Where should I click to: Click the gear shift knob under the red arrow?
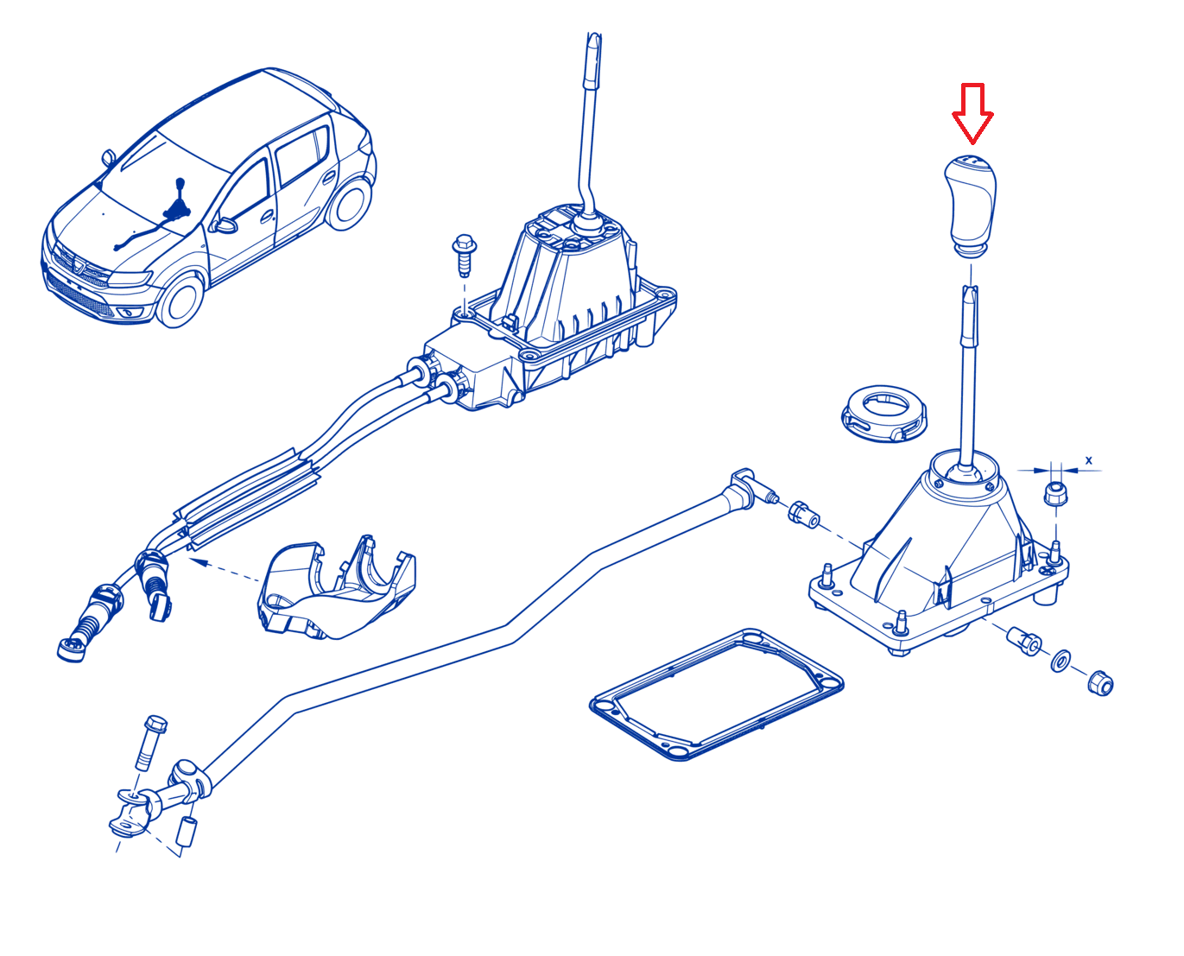(971, 206)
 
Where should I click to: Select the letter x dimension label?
(1088, 460)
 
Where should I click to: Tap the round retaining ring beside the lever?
(883, 414)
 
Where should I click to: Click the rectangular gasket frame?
(716, 694)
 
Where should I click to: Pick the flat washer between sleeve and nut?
(1061, 662)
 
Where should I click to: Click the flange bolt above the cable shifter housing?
(464, 255)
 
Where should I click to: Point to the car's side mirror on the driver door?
(224, 225)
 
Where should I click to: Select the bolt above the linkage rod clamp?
(150, 742)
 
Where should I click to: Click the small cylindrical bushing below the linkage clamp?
(187, 831)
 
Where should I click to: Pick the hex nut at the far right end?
(1100, 683)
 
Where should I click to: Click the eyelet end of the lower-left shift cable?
(72, 649)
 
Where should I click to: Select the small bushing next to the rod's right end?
(804, 515)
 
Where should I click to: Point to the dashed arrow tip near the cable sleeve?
(191, 559)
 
